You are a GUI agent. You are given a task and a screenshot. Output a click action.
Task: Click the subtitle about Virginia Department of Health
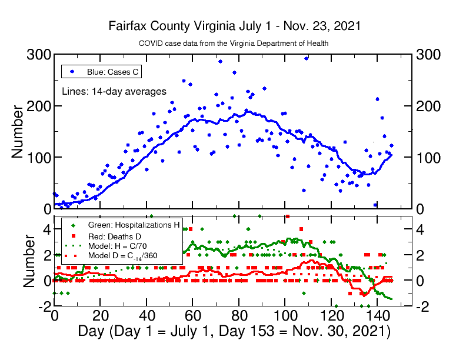(233, 44)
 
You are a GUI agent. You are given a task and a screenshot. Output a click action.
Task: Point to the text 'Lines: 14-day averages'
(114, 91)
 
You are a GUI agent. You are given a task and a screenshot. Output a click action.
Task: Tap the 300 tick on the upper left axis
(39, 55)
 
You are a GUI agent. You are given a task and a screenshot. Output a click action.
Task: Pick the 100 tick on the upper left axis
(39, 157)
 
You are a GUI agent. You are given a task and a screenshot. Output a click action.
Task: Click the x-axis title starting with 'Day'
(234, 331)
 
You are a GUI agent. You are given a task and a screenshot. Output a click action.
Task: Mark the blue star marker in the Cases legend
(72, 72)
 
